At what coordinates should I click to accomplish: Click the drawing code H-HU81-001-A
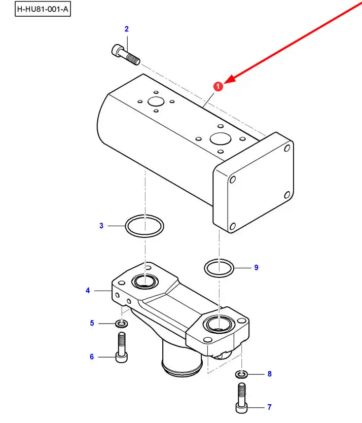pos(42,10)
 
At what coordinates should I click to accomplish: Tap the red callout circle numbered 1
pos(218,87)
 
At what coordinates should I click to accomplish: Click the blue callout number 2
pos(127,29)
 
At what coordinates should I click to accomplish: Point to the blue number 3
pos(101,225)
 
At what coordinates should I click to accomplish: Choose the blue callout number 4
pos(88,291)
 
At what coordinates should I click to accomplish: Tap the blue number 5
pos(92,323)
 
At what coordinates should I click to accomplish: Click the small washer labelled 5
pos(121,324)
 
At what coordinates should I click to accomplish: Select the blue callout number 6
pos(92,357)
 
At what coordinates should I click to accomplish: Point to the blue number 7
pos(269,407)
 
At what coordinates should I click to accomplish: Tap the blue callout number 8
pos(269,374)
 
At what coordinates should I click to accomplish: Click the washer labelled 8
pos(241,375)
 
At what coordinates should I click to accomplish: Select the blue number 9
pos(256,267)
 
